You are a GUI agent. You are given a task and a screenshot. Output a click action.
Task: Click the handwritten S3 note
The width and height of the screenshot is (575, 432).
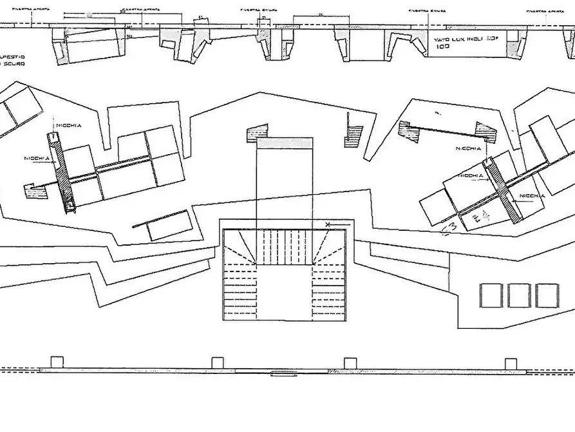449,227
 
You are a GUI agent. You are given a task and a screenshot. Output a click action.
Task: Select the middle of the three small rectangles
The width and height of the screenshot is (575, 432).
519,295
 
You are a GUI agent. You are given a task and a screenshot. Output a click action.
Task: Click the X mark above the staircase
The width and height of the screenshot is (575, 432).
328,224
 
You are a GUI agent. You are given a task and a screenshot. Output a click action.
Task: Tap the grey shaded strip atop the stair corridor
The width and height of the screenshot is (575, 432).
285,142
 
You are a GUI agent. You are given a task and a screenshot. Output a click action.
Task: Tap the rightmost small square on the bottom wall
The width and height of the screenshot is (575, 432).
511,363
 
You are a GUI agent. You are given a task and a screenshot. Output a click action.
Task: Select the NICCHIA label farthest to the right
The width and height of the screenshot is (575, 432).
532,195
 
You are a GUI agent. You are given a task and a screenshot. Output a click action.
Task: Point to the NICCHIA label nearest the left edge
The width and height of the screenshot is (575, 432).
37,159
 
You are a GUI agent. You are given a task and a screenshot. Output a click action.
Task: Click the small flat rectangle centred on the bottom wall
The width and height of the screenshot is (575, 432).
283,373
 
